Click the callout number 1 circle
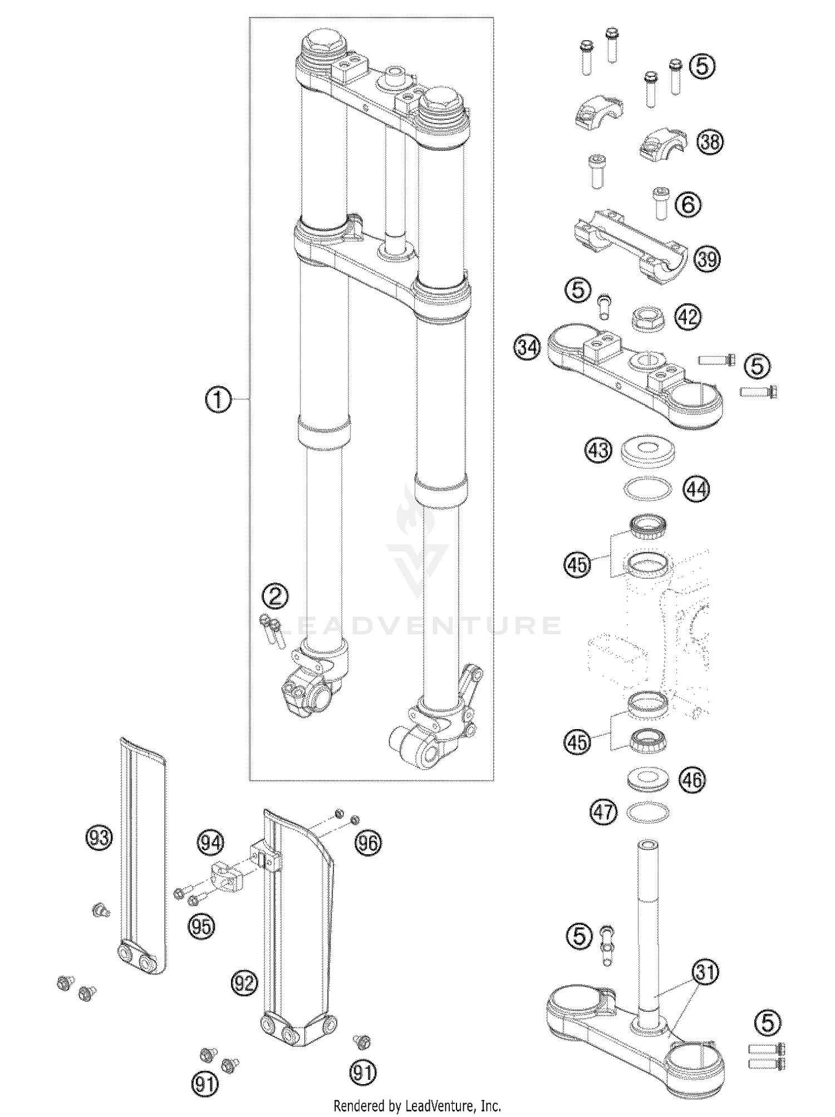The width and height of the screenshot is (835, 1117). click(x=219, y=400)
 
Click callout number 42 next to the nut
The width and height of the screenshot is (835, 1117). click(x=688, y=317)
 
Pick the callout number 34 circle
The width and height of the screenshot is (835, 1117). click(x=527, y=348)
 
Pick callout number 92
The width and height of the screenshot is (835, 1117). click(x=245, y=983)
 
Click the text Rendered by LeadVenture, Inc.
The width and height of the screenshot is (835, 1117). click(x=417, y=1105)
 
